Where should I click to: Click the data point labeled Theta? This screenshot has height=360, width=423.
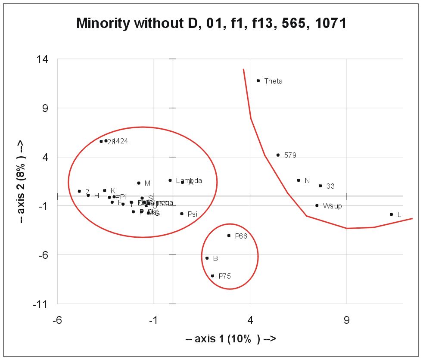click(258, 81)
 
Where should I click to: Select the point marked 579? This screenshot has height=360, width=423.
click(278, 155)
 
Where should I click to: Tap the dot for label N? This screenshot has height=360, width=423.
click(298, 180)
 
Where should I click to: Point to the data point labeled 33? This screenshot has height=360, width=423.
click(320, 186)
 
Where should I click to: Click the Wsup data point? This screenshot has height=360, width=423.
click(317, 205)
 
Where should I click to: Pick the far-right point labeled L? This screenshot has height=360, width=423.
click(391, 214)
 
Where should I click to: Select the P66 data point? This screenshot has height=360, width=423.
click(229, 236)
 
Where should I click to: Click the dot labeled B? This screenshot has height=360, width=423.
click(207, 258)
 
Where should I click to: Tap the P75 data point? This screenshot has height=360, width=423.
click(212, 276)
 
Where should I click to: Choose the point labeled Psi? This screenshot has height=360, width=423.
click(182, 214)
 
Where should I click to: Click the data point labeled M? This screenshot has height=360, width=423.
click(139, 183)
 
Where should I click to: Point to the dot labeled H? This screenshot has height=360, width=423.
click(88, 195)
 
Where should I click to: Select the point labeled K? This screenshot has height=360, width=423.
click(104, 190)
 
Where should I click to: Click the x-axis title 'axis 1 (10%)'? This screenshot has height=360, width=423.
click(230, 339)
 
